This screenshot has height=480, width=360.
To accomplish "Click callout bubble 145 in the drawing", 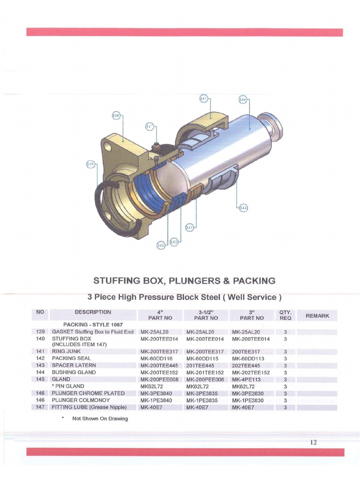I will click(203, 99).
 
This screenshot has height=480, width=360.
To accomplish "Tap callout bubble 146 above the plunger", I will click(243, 99).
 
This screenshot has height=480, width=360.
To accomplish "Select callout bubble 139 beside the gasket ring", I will click(90, 164).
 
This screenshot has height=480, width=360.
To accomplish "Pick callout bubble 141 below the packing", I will click(161, 244).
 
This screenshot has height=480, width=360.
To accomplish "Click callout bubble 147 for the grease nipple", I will click(149, 127).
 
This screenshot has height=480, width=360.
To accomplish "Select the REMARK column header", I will click(317, 316).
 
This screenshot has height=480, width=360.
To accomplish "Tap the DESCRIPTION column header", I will click(93, 312).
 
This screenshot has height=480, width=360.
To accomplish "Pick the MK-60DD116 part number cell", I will click(157, 358).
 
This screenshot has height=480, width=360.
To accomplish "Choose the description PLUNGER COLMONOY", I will click(81, 400).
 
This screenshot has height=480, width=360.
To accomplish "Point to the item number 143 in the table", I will click(40, 365).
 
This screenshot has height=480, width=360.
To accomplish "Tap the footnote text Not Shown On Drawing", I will click(100, 419).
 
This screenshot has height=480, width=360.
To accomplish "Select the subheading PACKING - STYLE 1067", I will click(86, 324).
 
